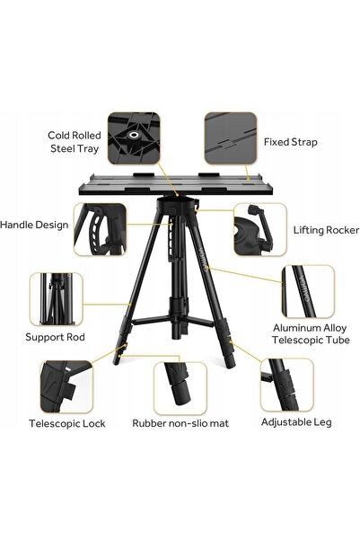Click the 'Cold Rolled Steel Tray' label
pos(75,142)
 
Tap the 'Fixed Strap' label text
pos(291,142)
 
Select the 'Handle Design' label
pos(34,225)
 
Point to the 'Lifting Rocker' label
pos(326,230)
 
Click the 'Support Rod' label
pos(55,337)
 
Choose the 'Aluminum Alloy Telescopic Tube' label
pos(311,333)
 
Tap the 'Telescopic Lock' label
pos(67,423)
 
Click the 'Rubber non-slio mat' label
pos(180,423)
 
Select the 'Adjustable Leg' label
pos(296,422)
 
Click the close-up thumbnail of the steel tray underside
pos(134,137)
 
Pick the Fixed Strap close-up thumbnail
pos(231,137)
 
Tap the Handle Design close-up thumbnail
pos(100,229)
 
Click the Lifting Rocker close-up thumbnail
pos(260,229)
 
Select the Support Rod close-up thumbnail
pos(56,299)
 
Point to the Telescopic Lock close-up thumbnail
pos(66,386)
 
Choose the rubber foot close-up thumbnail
pos(180,388)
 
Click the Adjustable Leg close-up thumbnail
pos(287,385)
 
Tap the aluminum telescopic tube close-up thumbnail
pos(308,291)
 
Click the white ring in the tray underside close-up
pos(133,134)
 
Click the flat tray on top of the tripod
pos(176,184)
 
